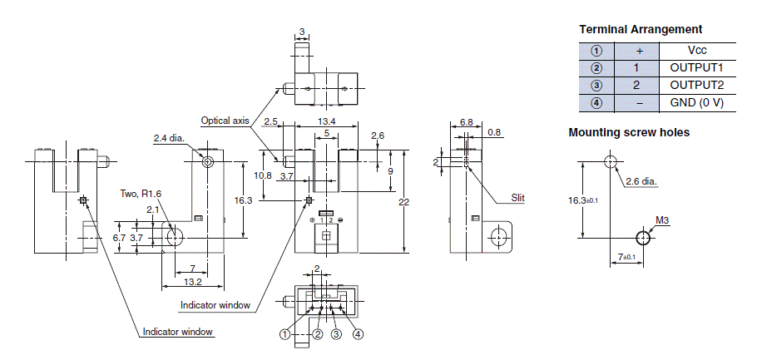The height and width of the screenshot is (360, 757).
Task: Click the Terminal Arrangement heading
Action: tap(641, 29)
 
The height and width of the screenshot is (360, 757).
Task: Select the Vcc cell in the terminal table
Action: tap(698, 51)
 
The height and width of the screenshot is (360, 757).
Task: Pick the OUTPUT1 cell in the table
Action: tap(697, 68)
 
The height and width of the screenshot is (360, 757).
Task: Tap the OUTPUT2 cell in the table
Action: tap(697, 86)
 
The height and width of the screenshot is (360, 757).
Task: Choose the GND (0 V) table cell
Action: tap(697, 103)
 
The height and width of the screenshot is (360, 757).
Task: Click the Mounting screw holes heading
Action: tap(629, 132)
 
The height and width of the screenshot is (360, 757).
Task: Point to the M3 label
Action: tap(662, 220)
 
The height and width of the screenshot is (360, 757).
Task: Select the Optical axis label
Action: tap(225, 121)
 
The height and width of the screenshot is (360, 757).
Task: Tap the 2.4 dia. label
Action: tap(170, 138)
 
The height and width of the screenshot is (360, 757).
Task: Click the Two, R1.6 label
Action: tap(140, 194)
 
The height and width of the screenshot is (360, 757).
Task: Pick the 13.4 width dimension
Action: tap(327, 121)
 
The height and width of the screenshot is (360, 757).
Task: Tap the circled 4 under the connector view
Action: tap(359, 334)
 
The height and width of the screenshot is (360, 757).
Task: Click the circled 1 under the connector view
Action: tap(285, 334)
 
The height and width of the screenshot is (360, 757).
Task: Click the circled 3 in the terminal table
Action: tap(596, 86)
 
